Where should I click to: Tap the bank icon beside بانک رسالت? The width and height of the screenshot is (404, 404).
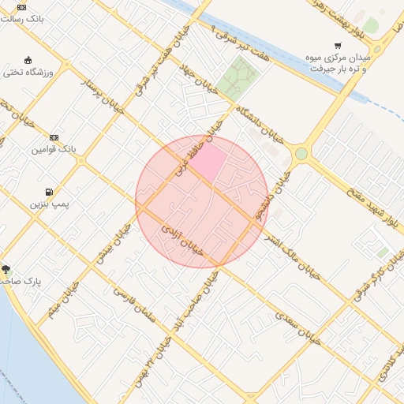pyautogui.click(x=21, y=6)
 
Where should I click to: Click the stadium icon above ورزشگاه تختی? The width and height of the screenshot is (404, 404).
pyautogui.click(x=28, y=60)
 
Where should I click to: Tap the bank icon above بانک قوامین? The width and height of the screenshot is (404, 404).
pyautogui.click(x=54, y=137)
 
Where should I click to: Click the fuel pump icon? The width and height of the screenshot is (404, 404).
pyautogui.click(x=50, y=192)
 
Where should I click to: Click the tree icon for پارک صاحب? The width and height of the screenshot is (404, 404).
pyautogui.click(x=6, y=270)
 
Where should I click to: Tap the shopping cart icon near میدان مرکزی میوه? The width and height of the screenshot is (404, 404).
pyautogui.click(x=338, y=46)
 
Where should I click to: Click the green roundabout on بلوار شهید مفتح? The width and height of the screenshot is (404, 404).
pyautogui.click(x=301, y=154)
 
